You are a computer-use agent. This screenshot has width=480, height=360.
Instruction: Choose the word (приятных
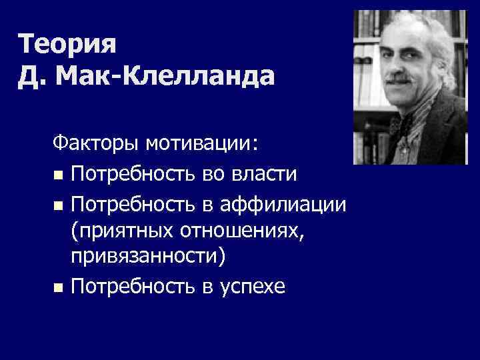click(121, 231)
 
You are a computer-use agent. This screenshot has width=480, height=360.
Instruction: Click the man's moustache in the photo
click(401, 85)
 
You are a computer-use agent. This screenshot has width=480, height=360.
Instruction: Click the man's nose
click(401, 72)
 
